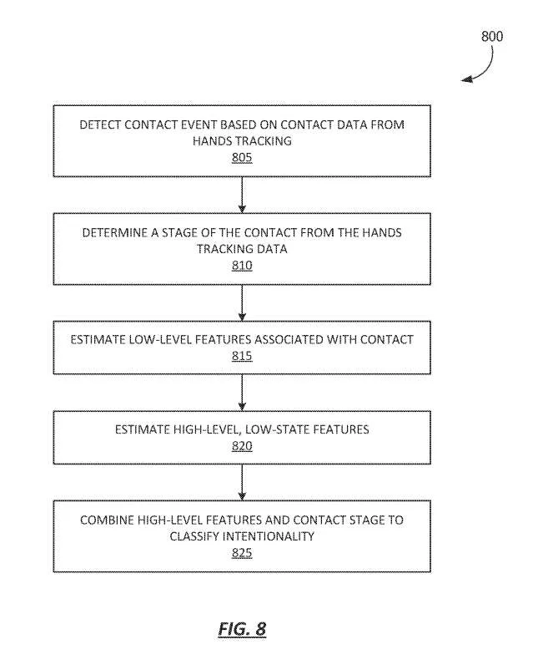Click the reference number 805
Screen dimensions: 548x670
(x=242, y=158)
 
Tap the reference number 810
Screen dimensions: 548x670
(x=242, y=266)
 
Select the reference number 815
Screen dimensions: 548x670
(x=242, y=356)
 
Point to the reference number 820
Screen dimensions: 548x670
(x=242, y=446)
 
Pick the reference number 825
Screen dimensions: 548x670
(x=242, y=553)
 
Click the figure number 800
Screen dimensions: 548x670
(x=492, y=36)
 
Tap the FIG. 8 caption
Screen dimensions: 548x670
(x=242, y=629)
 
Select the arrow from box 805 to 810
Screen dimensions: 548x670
(x=242, y=195)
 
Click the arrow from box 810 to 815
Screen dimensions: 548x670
(x=242, y=303)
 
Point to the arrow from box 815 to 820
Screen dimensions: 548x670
(x=242, y=393)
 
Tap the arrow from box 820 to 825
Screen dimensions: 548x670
(x=242, y=482)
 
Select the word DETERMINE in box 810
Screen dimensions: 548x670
(x=115, y=233)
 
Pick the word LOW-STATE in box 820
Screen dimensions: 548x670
(x=277, y=429)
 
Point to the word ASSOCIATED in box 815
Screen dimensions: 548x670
(x=289, y=340)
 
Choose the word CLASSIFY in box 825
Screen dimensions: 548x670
(x=194, y=536)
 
